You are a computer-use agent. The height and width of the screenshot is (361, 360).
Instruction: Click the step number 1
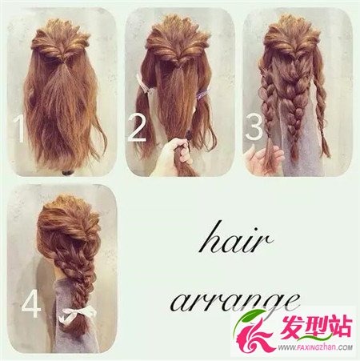[x=19, y=129]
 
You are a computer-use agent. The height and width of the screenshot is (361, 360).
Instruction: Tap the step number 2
[x=138, y=128]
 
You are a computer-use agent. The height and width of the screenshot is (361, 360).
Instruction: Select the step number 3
[x=254, y=126]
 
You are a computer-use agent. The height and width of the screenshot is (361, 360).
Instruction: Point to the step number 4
[x=31, y=304]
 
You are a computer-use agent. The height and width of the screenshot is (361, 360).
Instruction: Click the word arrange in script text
[x=234, y=302]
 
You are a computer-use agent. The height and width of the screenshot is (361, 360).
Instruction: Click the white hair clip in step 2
[x=143, y=85]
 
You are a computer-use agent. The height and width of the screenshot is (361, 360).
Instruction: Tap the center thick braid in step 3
[x=294, y=106]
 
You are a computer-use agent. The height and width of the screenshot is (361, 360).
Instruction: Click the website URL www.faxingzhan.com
[x=315, y=347]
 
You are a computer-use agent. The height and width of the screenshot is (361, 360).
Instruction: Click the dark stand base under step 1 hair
[x=67, y=173]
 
